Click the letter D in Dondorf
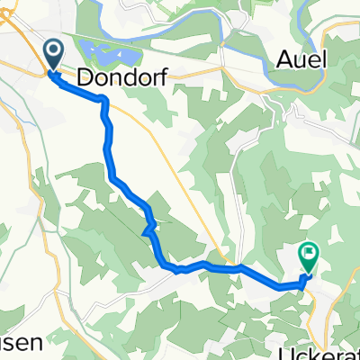pyautogui.click(x=87, y=78)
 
